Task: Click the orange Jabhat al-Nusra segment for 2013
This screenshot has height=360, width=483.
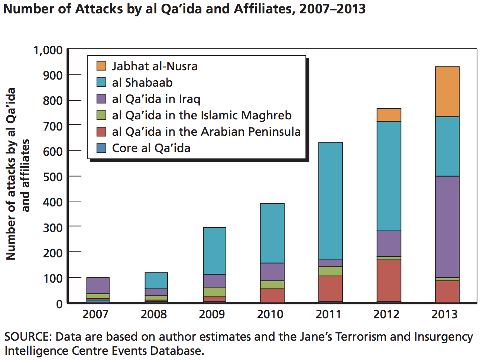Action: tap(447, 91)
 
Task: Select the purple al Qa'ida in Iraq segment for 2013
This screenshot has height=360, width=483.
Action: tap(447, 226)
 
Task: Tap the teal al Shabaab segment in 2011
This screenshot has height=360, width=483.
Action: tap(330, 201)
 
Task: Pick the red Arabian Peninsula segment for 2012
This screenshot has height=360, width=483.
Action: tap(389, 280)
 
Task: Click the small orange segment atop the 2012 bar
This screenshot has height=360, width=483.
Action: tap(389, 115)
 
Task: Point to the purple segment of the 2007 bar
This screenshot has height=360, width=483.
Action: tap(98, 285)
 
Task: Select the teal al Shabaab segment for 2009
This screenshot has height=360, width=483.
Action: tap(214, 251)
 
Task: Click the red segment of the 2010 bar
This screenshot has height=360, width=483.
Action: tap(272, 295)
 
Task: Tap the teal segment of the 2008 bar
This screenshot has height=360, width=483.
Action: tap(156, 280)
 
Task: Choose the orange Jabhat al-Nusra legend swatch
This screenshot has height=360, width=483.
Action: tap(101, 66)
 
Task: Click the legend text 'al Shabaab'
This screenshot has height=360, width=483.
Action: tap(142, 83)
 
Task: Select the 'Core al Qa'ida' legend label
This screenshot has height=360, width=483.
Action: tap(151, 148)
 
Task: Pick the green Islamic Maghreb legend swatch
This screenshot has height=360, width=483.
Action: tap(101, 115)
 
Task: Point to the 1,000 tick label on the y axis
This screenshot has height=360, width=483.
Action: tap(48, 50)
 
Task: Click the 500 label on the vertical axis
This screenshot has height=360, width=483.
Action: tap(53, 177)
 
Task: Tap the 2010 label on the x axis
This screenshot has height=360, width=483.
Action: tap(270, 314)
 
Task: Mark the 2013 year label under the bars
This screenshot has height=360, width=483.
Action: tap(444, 314)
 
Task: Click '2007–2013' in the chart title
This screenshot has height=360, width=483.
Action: tap(333, 8)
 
